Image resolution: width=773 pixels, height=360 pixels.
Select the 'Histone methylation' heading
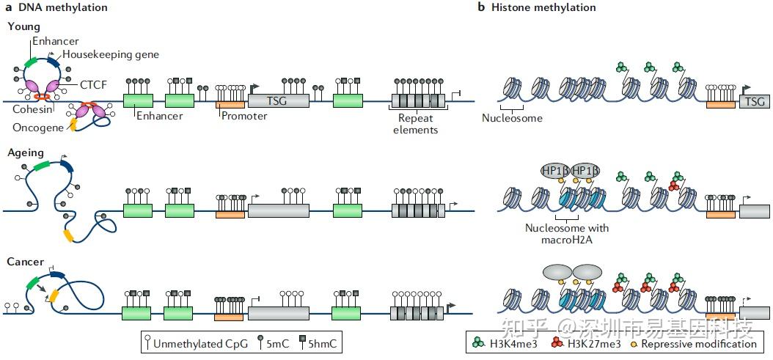(x=543, y=7)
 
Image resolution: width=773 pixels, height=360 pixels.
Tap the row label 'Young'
(x=23, y=26)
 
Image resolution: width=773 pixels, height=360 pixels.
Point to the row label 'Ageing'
(x=26, y=153)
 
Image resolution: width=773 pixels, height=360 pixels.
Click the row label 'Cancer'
(x=26, y=262)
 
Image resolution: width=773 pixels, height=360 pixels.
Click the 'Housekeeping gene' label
(x=111, y=54)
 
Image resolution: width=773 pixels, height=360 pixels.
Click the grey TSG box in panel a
(x=279, y=101)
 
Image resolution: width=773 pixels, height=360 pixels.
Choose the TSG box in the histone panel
(x=754, y=102)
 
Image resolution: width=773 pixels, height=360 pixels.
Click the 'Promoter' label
(x=244, y=117)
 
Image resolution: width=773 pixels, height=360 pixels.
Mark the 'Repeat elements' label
(x=416, y=124)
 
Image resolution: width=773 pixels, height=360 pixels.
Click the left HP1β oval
(x=555, y=171)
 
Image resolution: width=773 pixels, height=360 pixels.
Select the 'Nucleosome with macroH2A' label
(x=567, y=233)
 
